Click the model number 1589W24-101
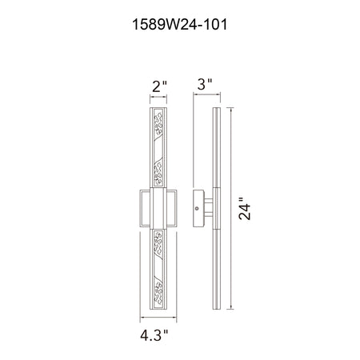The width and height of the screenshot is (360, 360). pyautogui.click(x=180, y=25)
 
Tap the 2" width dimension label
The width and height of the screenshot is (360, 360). pyautogui.click(x=159, y=86)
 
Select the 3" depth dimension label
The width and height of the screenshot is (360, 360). pyautogui.click(x=205, y=84)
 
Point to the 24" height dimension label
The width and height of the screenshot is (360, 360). pyautogui.click(x=245, y=209)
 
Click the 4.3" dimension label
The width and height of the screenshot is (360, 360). pyautogui.click(x=154, y=335)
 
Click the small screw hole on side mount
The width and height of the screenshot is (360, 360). pyautogui.click(x=197, y=209)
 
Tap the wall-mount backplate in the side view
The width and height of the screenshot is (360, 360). pyautogui.click(x=198, y=209)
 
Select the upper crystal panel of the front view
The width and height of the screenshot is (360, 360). pyautogui.click(x=158, y=147)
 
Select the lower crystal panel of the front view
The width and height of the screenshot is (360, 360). pyautogui.click(x=158, y=269)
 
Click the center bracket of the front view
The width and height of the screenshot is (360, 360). pyautogui.click(x=158, y=208)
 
